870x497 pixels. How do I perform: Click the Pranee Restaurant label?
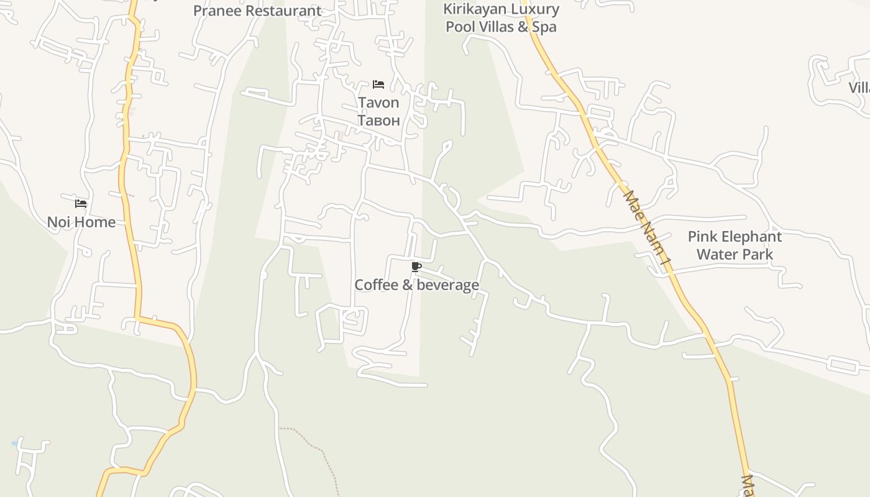tap(257, 11)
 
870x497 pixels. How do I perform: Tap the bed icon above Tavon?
tap(378, 84)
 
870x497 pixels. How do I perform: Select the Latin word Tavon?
tap(378, 103)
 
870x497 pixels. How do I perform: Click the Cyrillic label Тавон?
tap(378, 120)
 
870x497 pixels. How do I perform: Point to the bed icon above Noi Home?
tap(81, 204)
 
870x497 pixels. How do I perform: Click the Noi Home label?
tap(81, 222)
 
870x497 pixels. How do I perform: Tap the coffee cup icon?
tap(416, 267)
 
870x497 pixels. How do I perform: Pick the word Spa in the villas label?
tap(544, 27)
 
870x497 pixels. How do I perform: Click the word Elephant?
tap(751, 237)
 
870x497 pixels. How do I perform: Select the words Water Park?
tap(735, 254)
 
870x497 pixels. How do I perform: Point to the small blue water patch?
tap(14, 444)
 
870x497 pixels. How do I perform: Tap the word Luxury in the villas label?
tap(534, 9)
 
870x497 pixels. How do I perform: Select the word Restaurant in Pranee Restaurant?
tap(283, 11)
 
